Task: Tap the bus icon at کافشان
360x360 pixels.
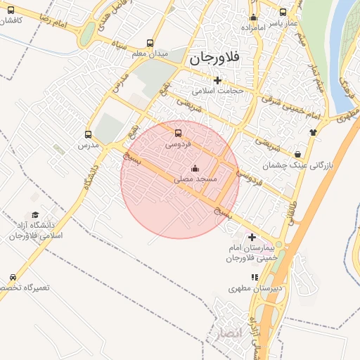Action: (x=10, y=11)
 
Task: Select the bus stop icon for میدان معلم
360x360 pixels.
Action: (x=150, y=42)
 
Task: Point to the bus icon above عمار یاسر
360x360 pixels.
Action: (x=283, y=12)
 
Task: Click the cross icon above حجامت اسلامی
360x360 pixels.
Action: (x=217, y=79)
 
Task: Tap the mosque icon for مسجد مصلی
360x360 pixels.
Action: (x=195, y=169)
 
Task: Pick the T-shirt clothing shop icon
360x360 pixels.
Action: (x=313, y=131)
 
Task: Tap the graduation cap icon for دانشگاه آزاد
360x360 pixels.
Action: (x=35, y=215)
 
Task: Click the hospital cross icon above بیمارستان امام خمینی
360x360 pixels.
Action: (x=252, y=238)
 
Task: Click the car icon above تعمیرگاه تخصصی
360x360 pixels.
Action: (x=13, y=277)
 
